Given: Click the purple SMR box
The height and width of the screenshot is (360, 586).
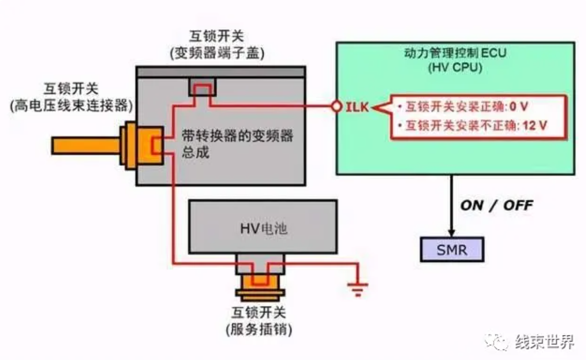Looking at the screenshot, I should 452,249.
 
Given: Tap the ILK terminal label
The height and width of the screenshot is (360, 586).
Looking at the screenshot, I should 357,107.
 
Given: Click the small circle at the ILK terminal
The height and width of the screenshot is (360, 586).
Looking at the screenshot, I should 337,107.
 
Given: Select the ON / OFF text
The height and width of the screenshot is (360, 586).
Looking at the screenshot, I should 497,205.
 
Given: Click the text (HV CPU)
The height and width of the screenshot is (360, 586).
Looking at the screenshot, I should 455,68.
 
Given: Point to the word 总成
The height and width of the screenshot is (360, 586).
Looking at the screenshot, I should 196,153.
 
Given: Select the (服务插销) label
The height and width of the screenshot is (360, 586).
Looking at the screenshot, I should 258,330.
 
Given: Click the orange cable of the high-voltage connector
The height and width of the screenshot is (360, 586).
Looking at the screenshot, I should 85,145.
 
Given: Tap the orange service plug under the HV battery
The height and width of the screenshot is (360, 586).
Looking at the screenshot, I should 260,287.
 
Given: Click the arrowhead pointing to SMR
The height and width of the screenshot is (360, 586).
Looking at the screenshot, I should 452,231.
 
